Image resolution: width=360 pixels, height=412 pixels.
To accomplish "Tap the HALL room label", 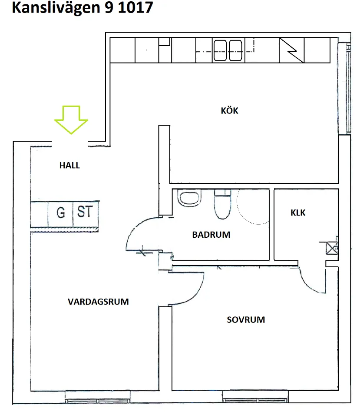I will [x=70, y=166].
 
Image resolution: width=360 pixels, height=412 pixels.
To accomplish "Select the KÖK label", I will [x=229, y=111].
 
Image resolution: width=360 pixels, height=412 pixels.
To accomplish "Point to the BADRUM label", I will [x=211, y=235].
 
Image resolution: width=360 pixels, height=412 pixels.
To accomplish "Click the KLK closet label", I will [x=298, y=213].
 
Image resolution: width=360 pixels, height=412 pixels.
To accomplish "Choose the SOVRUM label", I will [x=246, y=320].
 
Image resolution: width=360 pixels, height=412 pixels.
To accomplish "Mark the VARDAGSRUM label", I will [x=98, y=302].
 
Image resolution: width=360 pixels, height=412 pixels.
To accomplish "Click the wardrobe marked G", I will [x=61, y=213].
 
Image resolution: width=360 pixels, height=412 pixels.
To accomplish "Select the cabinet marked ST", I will [x=85, y=212].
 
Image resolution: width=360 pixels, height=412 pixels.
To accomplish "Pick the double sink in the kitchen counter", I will [x=228, y=50].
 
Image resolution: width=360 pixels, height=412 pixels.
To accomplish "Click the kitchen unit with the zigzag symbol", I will [x=291, y=50].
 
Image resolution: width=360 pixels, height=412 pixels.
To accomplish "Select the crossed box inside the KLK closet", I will [x=333, y=248].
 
